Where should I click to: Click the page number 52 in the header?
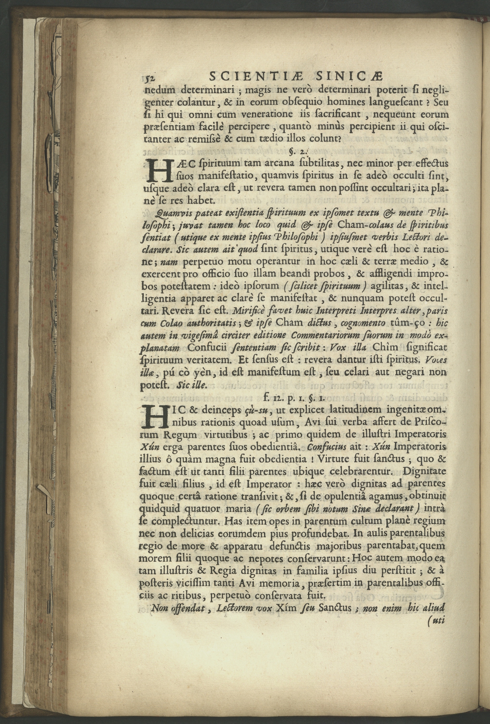pyautogui.click(x=152, y=77)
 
